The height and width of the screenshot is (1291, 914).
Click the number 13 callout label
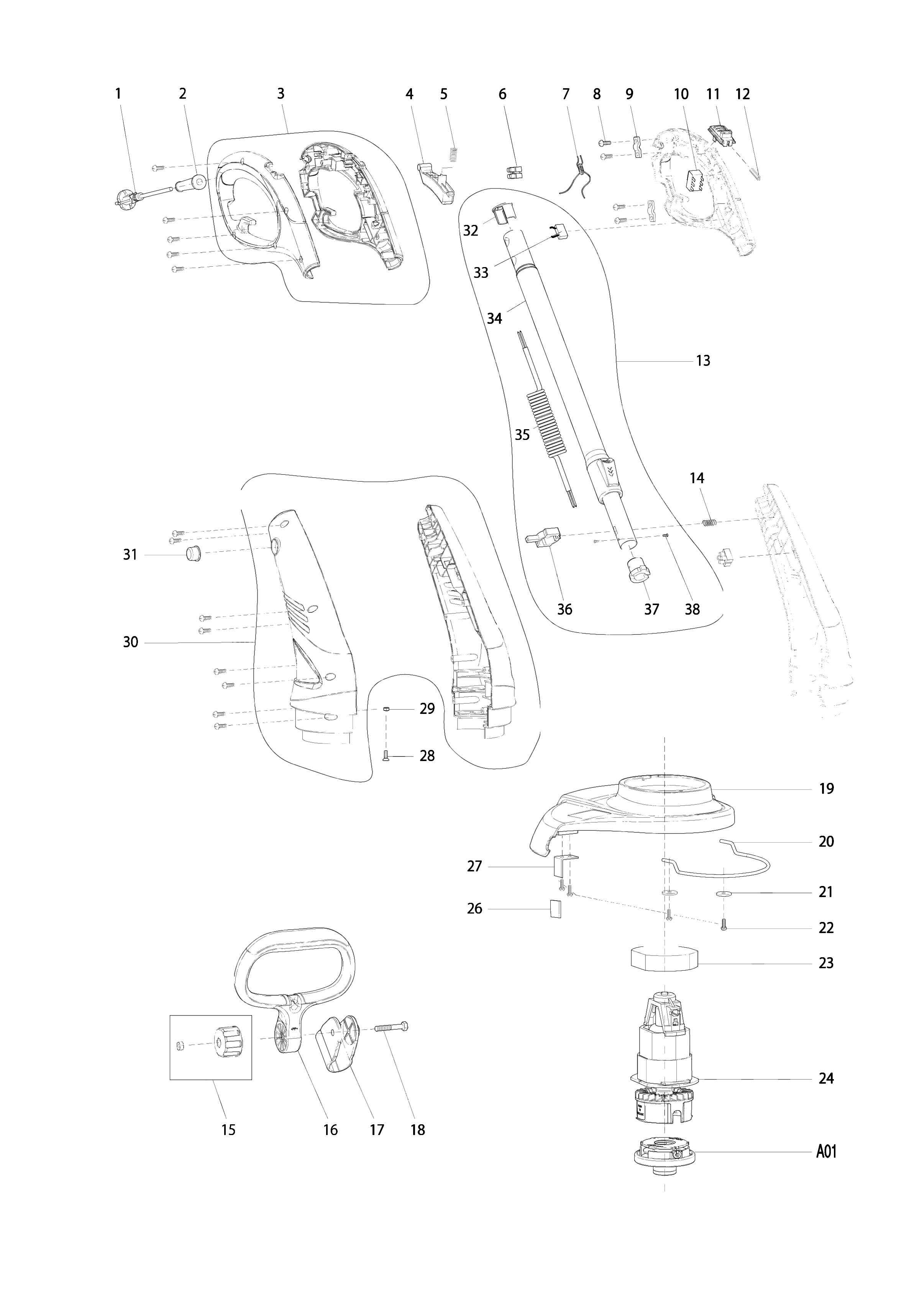click(703, 360)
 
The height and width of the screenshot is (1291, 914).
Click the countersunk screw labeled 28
click(386, 756)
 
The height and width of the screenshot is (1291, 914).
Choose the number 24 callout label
click(825, 1078)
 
